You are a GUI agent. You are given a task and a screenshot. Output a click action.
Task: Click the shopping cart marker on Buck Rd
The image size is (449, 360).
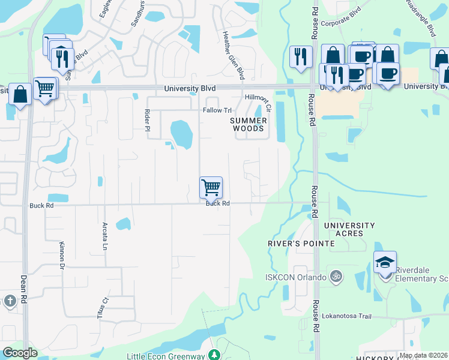click(211, 187)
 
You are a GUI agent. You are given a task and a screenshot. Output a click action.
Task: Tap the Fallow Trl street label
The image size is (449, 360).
click(217, 110)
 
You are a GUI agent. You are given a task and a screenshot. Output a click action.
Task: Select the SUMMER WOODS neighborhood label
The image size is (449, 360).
click(248, 124)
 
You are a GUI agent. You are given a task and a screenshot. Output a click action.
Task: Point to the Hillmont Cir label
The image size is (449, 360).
click(258, 101)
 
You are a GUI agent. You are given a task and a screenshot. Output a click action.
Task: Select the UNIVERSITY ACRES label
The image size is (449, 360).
click(349, 229)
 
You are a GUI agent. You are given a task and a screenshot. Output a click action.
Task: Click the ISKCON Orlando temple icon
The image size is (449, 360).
click(337, 277)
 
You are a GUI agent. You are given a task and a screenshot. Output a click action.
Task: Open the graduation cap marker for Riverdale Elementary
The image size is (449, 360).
click(385, 262)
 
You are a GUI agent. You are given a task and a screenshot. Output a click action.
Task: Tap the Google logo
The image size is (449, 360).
click(20, 353)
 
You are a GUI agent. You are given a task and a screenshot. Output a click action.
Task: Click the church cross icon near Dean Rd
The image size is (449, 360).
click(10, 301)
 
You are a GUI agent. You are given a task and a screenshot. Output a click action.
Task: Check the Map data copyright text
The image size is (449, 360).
click(423, 355)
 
